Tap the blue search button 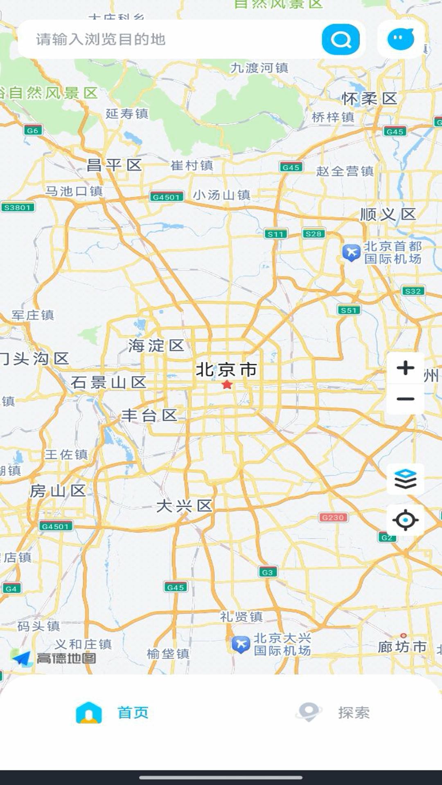click(341, 40)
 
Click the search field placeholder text click(101, 40)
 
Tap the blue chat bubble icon click(400, 39)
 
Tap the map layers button click(405, 479)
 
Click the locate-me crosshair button click(405, 520)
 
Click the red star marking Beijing click(227, 385)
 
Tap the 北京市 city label click(226, 370)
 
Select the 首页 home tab click(113, 713)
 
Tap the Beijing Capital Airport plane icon click(351, 253)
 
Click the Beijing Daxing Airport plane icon click(241, 644)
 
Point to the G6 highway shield click(33, 130)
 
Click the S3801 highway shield click(18, 207)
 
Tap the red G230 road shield click(333, 517)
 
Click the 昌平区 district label click(114, 166)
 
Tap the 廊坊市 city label click(402, 647)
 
